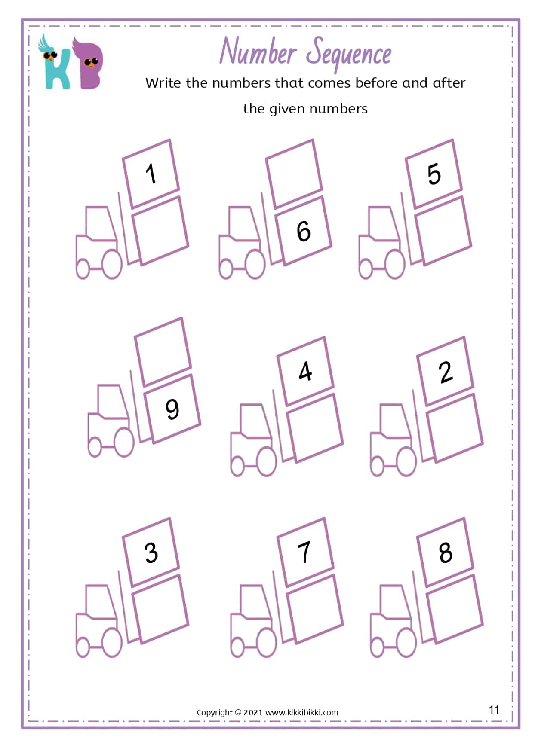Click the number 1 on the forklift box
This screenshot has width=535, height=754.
151,174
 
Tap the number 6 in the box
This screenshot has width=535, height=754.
304,231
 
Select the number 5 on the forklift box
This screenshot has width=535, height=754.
434,174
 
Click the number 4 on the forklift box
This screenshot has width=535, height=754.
305,371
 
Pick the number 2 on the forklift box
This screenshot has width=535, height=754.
446,372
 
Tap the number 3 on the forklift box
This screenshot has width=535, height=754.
151,553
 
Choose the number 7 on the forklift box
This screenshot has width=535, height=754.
304,552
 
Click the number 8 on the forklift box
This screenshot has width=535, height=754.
446,553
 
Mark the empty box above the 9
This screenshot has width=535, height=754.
163,351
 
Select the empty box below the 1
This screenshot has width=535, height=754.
160,230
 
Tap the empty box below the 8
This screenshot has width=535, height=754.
455,609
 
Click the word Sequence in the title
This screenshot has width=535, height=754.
349,53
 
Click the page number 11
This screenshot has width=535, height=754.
494,709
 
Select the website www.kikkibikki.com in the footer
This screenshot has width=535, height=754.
302,712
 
